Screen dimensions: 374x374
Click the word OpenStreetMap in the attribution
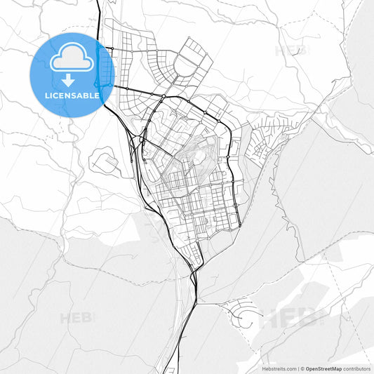click(323, 368)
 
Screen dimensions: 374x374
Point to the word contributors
click(357, 368)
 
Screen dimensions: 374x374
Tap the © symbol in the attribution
click(302, 368)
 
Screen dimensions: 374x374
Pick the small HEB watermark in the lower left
click(77, 318)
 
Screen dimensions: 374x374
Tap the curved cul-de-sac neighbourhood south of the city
click(243, 316)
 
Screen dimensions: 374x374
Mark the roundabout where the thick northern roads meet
click(163, 96)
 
